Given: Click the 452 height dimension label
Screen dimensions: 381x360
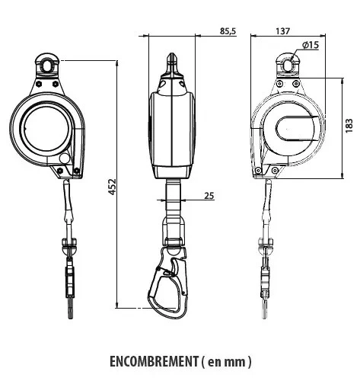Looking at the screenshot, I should click(x=112, y=187).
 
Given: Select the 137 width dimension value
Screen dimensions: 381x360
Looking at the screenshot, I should click(x=283, y=32).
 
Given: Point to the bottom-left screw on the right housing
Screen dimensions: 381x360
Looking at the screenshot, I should click(x=260, y=170).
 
